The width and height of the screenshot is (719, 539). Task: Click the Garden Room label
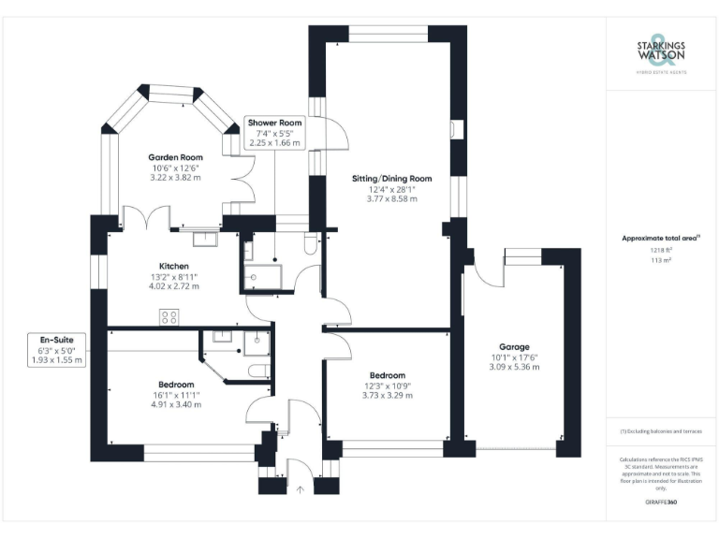[x=176, y=157]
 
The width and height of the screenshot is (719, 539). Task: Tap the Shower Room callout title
[x=273, y=123]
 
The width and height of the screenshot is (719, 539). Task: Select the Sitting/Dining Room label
[x=391, y=178]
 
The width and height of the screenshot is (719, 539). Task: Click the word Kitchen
[x=175, y=267]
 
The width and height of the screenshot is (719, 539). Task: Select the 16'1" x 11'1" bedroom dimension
[x=175, y=395]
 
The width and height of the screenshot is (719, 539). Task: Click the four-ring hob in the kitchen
[x=169, y=316]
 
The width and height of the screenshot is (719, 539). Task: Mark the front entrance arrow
[x=300, y=488]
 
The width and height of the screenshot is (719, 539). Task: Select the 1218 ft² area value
[x=660, y=250]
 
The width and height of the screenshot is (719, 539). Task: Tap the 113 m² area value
[x=660, y=261]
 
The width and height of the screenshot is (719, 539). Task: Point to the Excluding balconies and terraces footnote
[x=660, y=430]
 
